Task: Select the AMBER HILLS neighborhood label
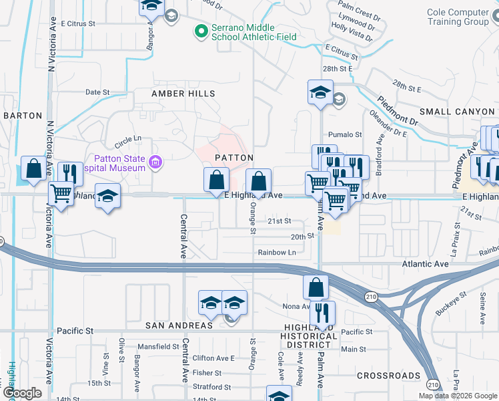[x=183, y=94]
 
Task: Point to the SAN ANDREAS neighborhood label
[x=179, y=325]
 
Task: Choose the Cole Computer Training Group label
[x=458, y=17]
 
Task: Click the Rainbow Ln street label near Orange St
[x=277, y=253]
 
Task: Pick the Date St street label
[x=97, y=92]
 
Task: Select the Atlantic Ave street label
[x=425, y=265]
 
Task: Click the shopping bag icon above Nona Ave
[x=316, y=287]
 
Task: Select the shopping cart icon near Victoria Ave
[x=61, y=194]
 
